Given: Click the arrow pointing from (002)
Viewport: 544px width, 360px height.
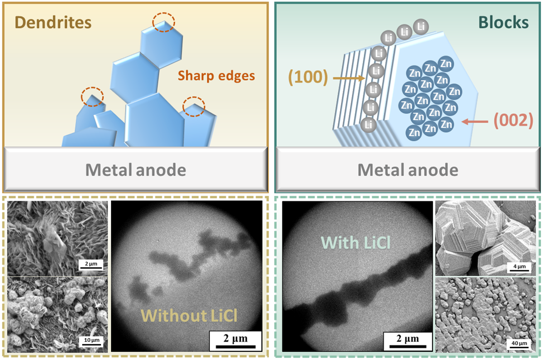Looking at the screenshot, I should (x=478, y=121).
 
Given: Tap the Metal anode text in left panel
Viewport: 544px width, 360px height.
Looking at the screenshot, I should (x=135, y=169).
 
